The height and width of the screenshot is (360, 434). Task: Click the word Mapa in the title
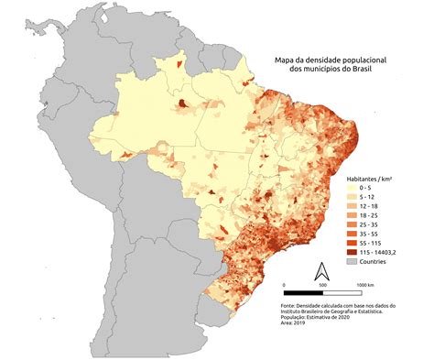click(x=285, y=60)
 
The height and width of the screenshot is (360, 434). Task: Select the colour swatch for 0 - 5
click(x=352, y=186)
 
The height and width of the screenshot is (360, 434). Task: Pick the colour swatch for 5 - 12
click(x=352, y=196)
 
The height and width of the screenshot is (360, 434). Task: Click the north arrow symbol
click(x=321, y=271)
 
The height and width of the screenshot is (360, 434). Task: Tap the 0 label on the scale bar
click(x=284, y=285)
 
